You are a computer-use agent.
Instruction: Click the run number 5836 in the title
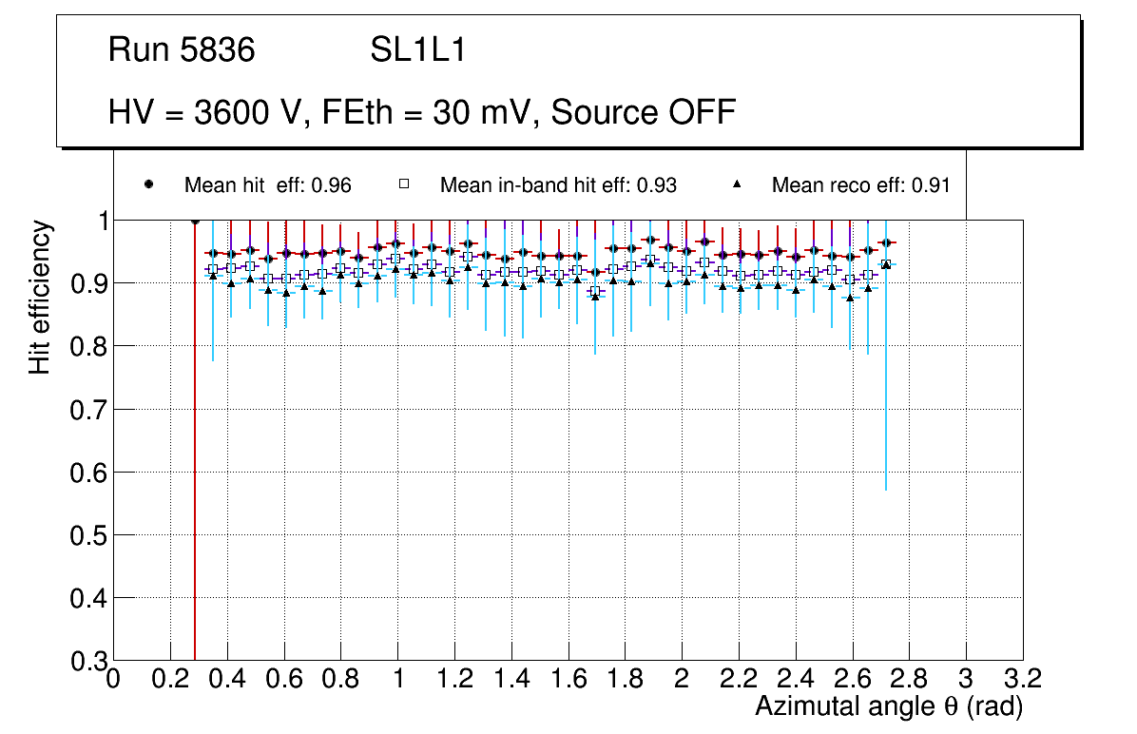222,50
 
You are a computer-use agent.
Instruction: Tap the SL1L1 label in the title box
418,50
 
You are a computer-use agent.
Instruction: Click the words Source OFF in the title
644,112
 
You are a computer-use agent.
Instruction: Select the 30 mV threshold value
475,112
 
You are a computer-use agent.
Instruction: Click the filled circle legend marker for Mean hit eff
148,184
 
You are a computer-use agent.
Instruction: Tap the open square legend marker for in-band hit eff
403,184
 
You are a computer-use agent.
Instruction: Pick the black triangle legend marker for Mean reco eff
738,184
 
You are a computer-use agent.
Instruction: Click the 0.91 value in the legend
931,185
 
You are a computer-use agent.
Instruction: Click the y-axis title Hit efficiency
40,297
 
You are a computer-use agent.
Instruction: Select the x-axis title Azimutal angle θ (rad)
889,706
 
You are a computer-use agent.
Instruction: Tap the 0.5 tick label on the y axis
88,535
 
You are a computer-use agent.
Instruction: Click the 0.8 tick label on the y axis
88,346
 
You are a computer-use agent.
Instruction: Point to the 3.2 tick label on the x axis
1022,679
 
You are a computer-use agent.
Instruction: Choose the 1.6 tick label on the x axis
568,679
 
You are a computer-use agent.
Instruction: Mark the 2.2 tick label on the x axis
738,679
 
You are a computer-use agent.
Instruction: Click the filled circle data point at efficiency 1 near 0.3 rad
195,221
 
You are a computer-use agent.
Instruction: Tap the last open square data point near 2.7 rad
885,264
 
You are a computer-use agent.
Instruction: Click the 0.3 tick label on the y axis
88,661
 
